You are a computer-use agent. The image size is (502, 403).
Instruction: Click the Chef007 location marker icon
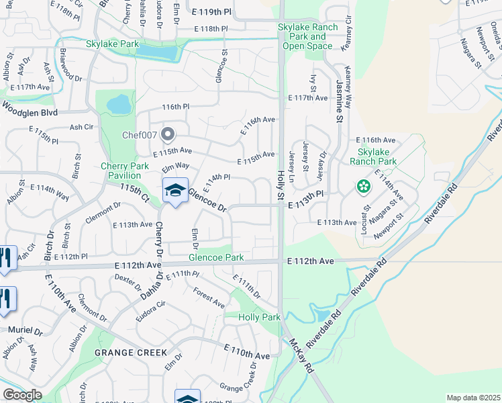pos(167,134)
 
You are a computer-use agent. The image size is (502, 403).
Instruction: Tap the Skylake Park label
pos(112,44)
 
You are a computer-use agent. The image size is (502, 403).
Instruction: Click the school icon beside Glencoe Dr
pos(175,191)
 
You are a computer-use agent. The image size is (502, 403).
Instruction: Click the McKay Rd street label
pos(302,355)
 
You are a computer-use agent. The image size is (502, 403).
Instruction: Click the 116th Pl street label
pos(176,107)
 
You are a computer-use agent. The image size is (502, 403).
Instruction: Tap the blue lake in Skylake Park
pos(156,52)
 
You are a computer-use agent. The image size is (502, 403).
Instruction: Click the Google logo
pos(22,395)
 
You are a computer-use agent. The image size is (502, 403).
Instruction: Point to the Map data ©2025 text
pos(473,398)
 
